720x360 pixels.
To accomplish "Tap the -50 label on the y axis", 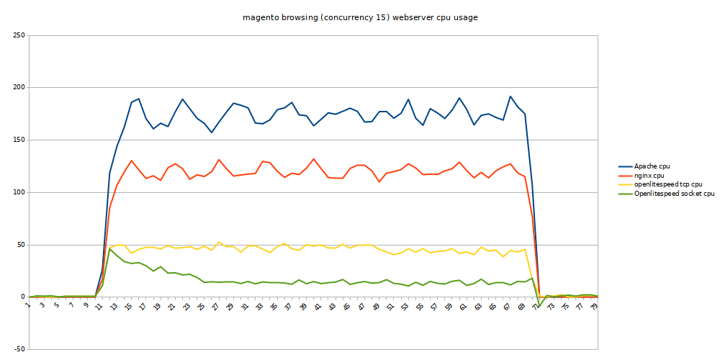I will (18, 349).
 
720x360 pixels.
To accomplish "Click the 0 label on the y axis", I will (22, 297).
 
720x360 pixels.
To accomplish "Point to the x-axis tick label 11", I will (99, 305).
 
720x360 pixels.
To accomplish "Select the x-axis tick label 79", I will (594, 305).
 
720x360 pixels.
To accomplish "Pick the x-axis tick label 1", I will (29, 305).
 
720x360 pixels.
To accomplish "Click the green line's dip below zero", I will (539, 307).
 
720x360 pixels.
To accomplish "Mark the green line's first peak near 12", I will (109, 248).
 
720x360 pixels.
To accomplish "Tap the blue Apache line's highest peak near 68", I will (510, 96).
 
